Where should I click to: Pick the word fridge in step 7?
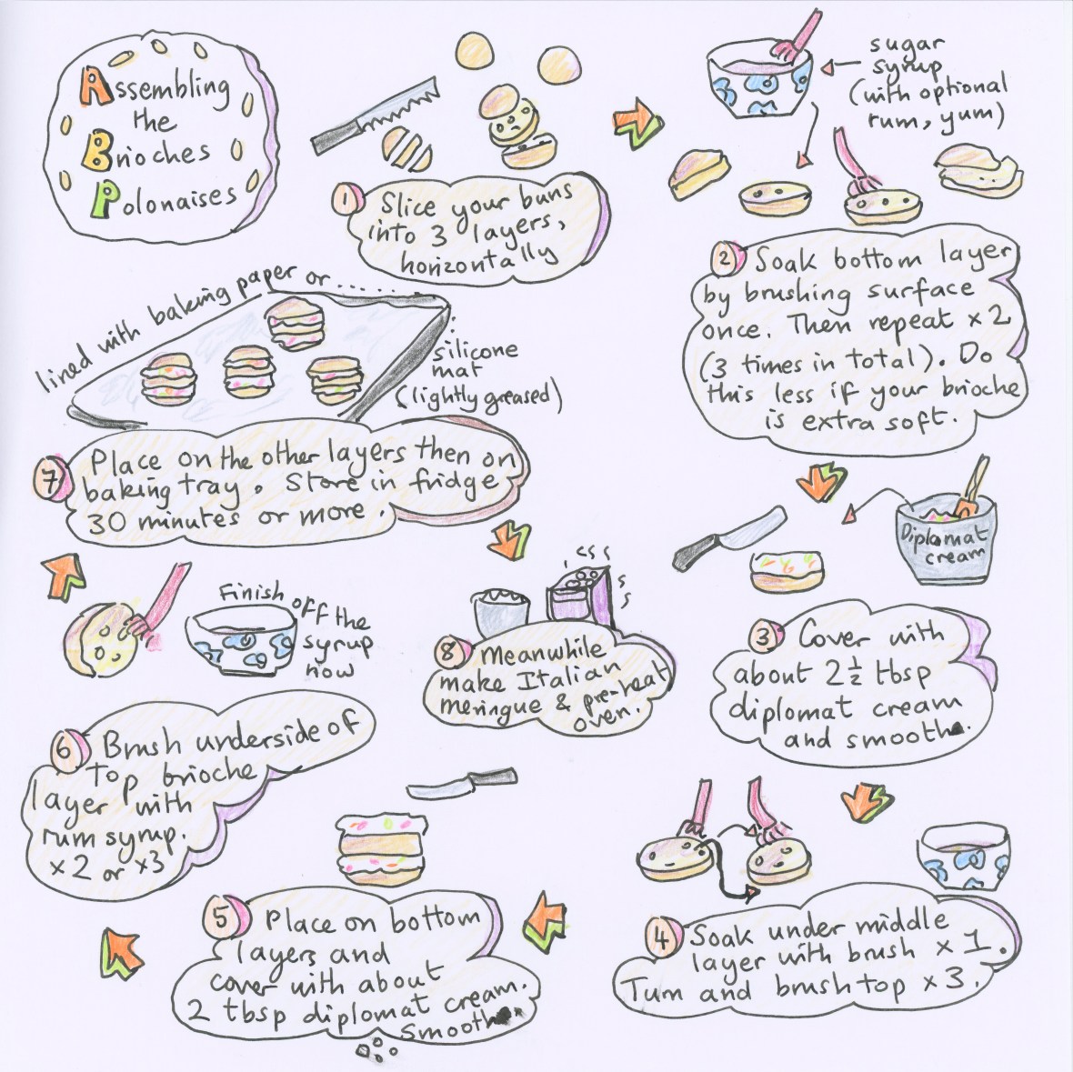(466, 480)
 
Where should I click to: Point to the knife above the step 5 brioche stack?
(452, 783)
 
